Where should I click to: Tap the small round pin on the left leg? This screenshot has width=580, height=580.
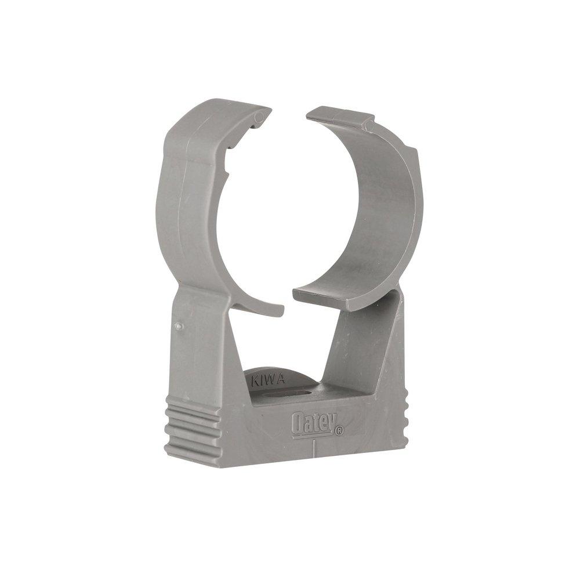[x=179, y=327]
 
